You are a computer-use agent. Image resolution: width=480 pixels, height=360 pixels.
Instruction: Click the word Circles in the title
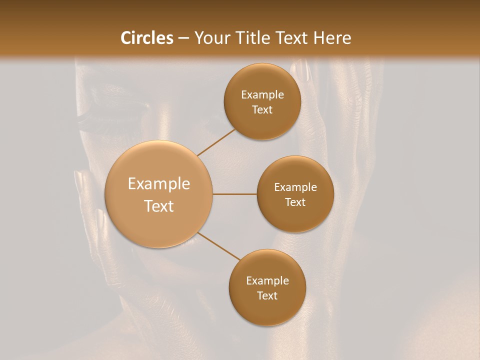pyautogui.click(x=146, y=38)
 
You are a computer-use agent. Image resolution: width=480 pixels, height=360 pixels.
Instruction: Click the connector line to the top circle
pyautogui.click(x=216, y=142)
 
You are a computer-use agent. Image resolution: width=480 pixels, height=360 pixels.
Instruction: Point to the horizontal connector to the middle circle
pyautogui.click(x=235, y=194)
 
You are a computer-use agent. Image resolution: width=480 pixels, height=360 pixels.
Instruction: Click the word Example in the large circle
pyautogui.click(x=159, y=184)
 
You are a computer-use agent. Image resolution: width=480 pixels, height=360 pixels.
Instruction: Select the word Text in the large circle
pyautogui.click(x=159, y=206)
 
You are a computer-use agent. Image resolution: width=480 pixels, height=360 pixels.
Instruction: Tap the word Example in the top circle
pyautogui.click(x=262, y=95)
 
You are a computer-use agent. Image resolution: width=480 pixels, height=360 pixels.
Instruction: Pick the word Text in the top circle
pyautogui.click(x=262, y=109)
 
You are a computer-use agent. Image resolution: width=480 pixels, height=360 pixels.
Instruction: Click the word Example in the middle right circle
pyautogui.click(x=295, y=187)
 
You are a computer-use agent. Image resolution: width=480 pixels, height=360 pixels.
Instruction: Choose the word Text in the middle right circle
pyautogui.click(x=295, y=202)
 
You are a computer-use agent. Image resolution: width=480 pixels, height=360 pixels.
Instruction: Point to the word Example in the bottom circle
pyautogui.click(x=267, y=281)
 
